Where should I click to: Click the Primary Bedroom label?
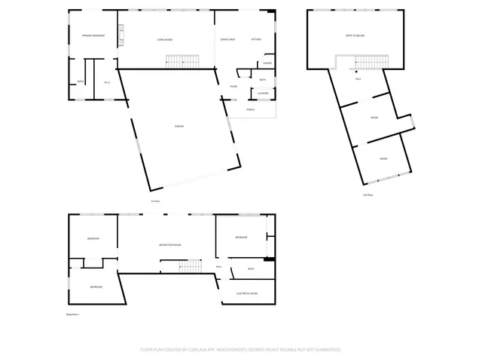click(x=93, y=36)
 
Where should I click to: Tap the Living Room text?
click(x=165, y=39)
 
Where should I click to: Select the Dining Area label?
click(x=227, y=39)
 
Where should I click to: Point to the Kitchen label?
click(x=255, y=39)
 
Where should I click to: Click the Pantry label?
click(x=267, y=63)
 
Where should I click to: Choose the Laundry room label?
click(x=264, y=94)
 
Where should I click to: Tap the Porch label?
click(x=251, y=110)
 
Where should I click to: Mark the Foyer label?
click(x=234, y=87)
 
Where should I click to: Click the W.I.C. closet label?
click(x=108, y=82)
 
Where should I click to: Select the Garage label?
click(x=179, y=126)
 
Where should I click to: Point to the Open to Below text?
click(x=355, y=36)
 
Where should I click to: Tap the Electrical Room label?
click(x=248, y=293)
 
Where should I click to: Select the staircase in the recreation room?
click(x=191, y=266)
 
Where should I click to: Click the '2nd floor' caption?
click(x=368, y=195)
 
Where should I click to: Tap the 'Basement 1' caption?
click(x=72, y=314)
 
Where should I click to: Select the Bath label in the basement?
click(x=251, y=269)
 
